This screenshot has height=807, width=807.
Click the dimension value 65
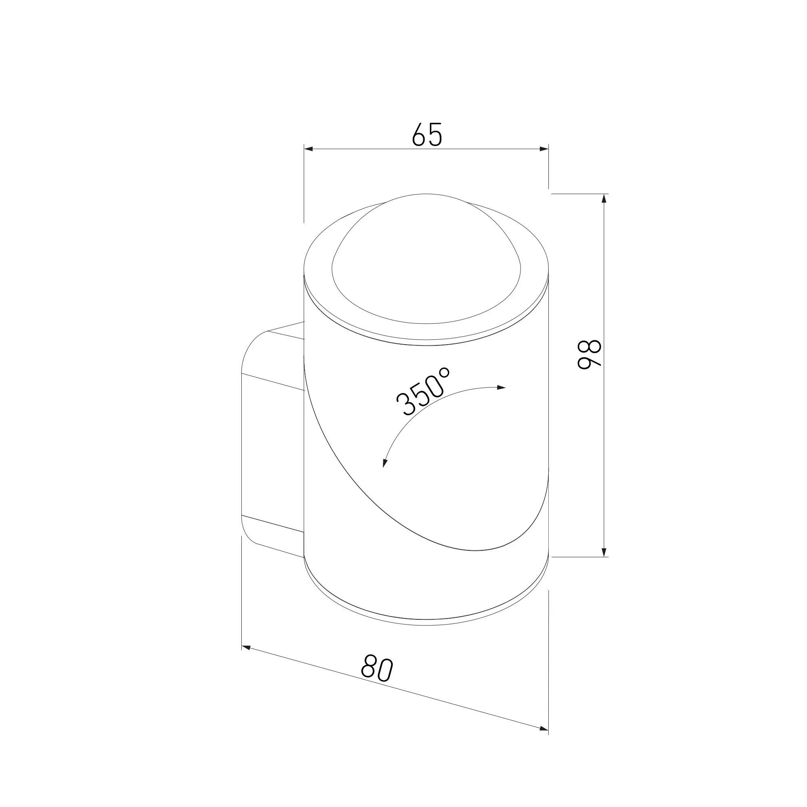427,134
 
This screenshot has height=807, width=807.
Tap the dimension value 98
589,355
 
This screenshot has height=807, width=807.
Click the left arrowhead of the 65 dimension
308,149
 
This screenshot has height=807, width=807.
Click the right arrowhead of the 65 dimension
544,149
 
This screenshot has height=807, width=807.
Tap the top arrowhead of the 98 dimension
604,199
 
